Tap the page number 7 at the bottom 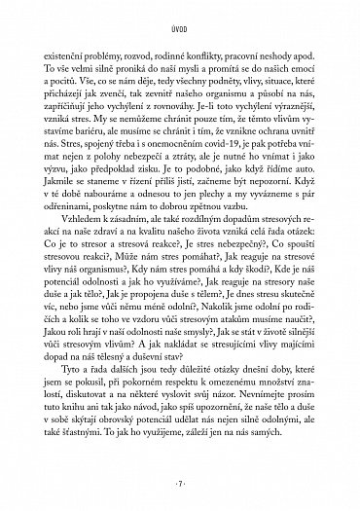[x=180, y=484]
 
